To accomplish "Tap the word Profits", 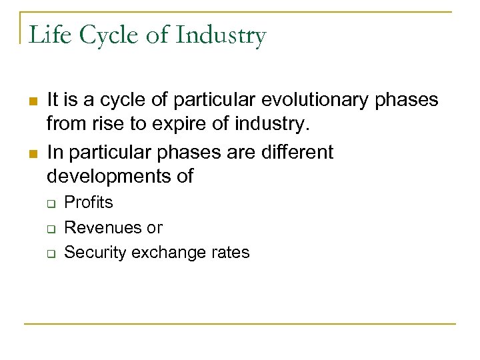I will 89,202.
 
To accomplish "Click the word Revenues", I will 103,227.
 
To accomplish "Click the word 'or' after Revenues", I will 155,228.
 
